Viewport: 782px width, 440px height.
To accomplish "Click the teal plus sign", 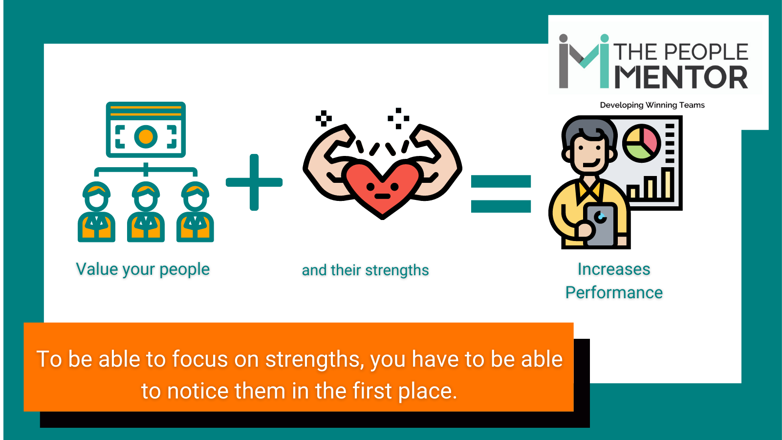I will point(254,182).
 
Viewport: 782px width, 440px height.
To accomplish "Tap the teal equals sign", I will point(500,194).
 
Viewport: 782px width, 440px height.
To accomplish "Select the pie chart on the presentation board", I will point(641,143).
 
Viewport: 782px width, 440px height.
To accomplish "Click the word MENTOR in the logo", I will point(681,78).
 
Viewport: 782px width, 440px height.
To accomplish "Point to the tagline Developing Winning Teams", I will point(652,105).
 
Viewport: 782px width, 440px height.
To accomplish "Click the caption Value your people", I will point(143,269).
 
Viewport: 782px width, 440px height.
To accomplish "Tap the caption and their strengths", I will point(365,270).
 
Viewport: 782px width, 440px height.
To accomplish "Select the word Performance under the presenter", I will point(614,293).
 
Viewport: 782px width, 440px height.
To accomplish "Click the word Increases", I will point(614,269).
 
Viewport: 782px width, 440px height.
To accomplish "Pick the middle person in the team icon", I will point(146,213).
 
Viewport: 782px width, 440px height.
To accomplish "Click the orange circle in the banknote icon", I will point(146,136).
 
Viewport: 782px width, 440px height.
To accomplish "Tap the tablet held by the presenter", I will point(600,225).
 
